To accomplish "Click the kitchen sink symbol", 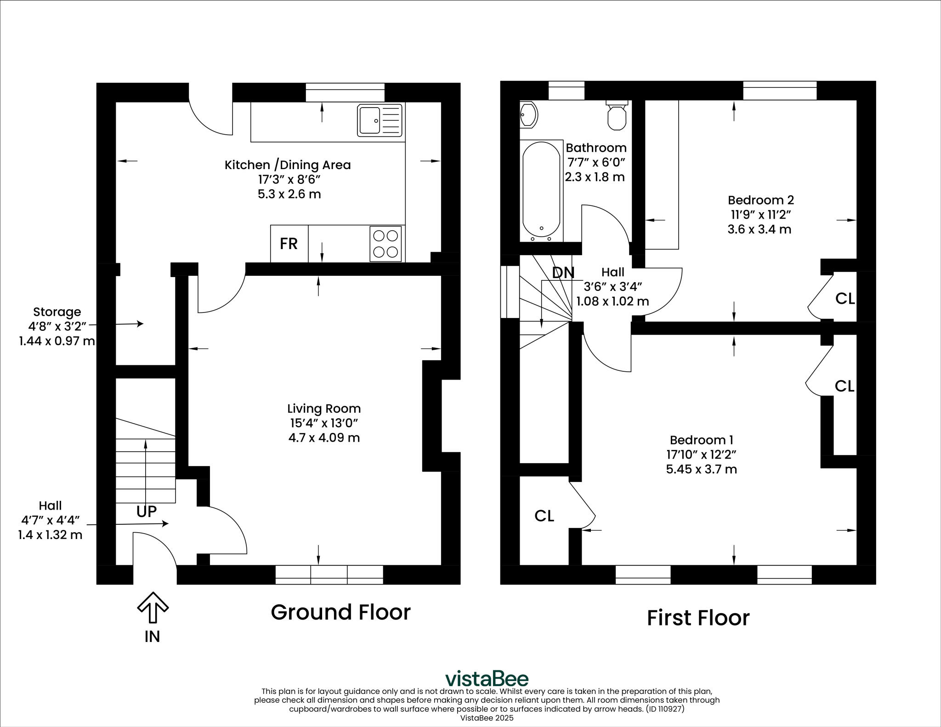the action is click(380, 120).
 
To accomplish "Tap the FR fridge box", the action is click(289, 244).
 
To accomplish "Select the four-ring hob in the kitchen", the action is click(385, 244).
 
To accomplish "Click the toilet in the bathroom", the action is click(617, 115).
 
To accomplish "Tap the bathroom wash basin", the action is click(528, 114).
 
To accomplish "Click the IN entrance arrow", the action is click(153, 608).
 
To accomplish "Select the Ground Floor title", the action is click(340, 612).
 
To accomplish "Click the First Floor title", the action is click(698, 618).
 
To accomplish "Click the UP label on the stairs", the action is click(147, 511).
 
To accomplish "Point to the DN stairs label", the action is click(563, 273).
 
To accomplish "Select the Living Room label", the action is click(324, 409).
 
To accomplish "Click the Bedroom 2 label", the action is click(761, 200).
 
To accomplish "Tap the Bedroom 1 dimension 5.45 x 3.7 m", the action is click(702, 469).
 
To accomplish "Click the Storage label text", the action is click(57, 312).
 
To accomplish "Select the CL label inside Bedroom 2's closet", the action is click(845, 299).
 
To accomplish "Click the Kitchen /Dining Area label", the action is click(288, 165).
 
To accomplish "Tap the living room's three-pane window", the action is click(329, 574).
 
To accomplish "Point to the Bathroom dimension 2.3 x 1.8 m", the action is click(595, 177).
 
